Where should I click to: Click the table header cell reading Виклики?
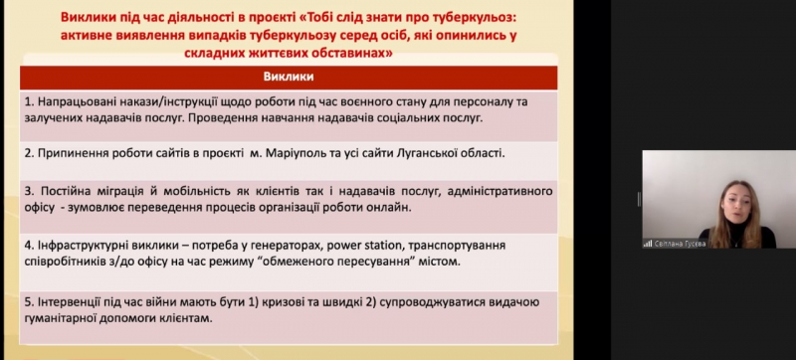pos(289,77)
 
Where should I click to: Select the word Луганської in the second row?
pos(431,153)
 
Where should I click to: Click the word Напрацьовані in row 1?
pos(79,100)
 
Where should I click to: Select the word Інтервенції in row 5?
pos(72,299)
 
